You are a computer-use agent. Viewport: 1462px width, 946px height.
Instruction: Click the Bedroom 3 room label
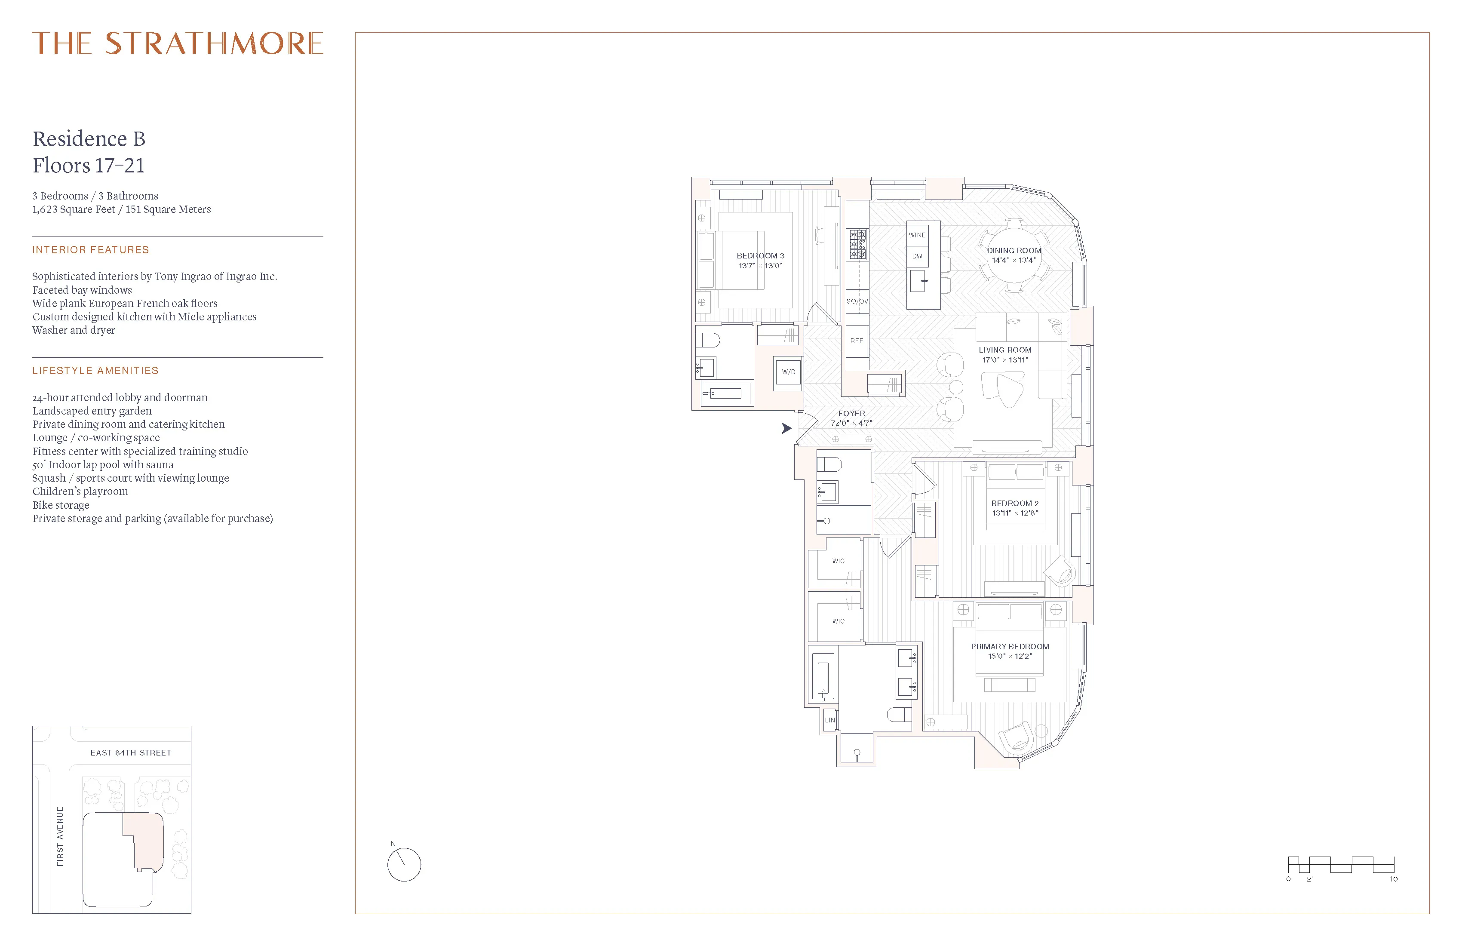coord(760,255)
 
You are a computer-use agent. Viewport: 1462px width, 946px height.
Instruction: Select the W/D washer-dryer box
coord(788,372)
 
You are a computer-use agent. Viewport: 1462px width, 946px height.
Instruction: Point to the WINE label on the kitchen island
coord(916,235)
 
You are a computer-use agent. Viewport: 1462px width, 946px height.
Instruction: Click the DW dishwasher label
coord(916,256)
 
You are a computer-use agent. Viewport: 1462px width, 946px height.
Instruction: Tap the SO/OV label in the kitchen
coord(857,301)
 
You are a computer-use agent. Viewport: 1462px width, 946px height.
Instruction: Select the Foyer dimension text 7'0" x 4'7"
coord(851,423)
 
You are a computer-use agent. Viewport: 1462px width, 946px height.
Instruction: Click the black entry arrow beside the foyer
coord(786,428)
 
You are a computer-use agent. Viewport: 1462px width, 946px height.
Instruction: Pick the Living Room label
coord(1005,350)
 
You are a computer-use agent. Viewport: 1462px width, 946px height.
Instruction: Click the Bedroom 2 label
coord(1014,503)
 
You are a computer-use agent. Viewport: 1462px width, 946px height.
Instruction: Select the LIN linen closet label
coord(830,720)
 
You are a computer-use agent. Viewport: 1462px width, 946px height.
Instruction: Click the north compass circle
coord(404,865)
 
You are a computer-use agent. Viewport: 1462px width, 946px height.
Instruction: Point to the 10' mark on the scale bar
coord(1394,879)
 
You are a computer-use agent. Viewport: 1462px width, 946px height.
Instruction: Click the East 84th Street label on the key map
coord(131,752)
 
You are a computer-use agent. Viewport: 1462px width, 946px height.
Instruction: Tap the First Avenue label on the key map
coord(60,837)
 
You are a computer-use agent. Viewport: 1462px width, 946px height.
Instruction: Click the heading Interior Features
coord(90,249)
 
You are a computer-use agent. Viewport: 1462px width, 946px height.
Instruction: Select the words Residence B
coord(89,139)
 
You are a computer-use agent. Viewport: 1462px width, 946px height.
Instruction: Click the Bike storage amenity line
coord(61,505)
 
